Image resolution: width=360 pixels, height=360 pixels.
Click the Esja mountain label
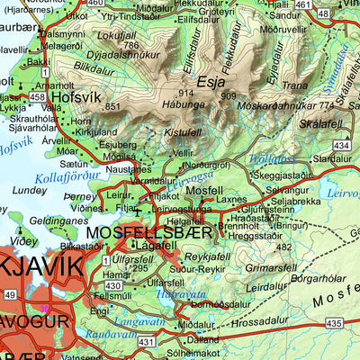click(x=209, y=78)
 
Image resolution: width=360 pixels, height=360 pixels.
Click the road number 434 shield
click(x=341, y=145)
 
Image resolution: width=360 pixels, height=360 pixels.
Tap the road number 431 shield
click(x=147, y=341)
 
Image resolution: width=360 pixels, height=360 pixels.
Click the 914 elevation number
click(x=186, y=94)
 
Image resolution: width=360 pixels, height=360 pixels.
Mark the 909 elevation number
click(x=228, y=96)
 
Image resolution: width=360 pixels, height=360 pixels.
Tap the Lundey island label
click(x=29, y=190)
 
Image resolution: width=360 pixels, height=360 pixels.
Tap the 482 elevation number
click(x=284, y=245)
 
